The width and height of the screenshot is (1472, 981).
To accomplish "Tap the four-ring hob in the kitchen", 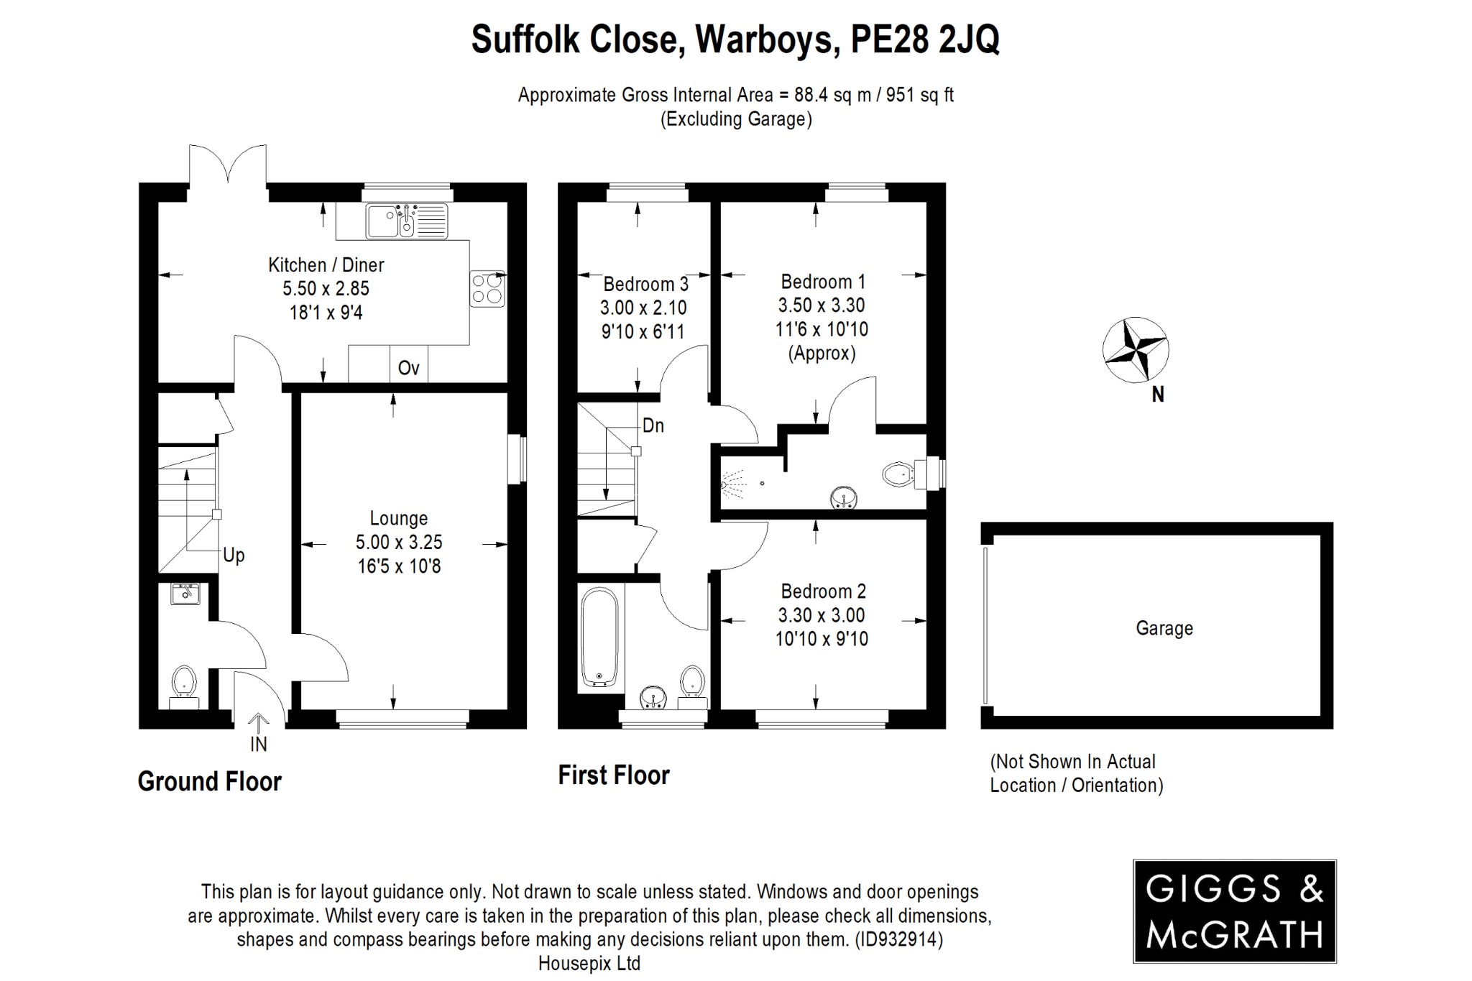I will coord(487,288).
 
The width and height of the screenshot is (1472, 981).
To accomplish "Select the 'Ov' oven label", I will coord(408,368).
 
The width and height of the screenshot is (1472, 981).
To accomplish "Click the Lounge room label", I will coord(398,518).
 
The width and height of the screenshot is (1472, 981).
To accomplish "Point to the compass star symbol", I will coord(1136,350).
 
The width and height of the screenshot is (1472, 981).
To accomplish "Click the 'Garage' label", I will coord(1164,628).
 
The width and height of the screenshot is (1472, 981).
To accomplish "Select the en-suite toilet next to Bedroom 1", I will coord(897,474).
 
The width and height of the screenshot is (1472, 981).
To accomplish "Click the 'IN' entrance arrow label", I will coord(258,744).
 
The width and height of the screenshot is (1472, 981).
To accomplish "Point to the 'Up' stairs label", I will coord(234,555).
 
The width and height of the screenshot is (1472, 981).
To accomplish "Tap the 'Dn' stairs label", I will coord(653,425).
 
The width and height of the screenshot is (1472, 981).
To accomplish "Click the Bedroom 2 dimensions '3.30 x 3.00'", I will coord(821,615).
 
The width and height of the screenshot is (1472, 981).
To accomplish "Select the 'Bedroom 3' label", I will coord(645,284).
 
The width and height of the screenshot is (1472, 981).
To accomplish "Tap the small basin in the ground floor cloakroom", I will coord(185,593).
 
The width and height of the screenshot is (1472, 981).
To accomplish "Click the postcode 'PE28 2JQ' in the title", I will coord(924,39).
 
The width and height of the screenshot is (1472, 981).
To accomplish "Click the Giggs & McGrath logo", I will coord(1233,911).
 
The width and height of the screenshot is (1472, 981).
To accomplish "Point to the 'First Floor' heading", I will coord(613,775).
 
